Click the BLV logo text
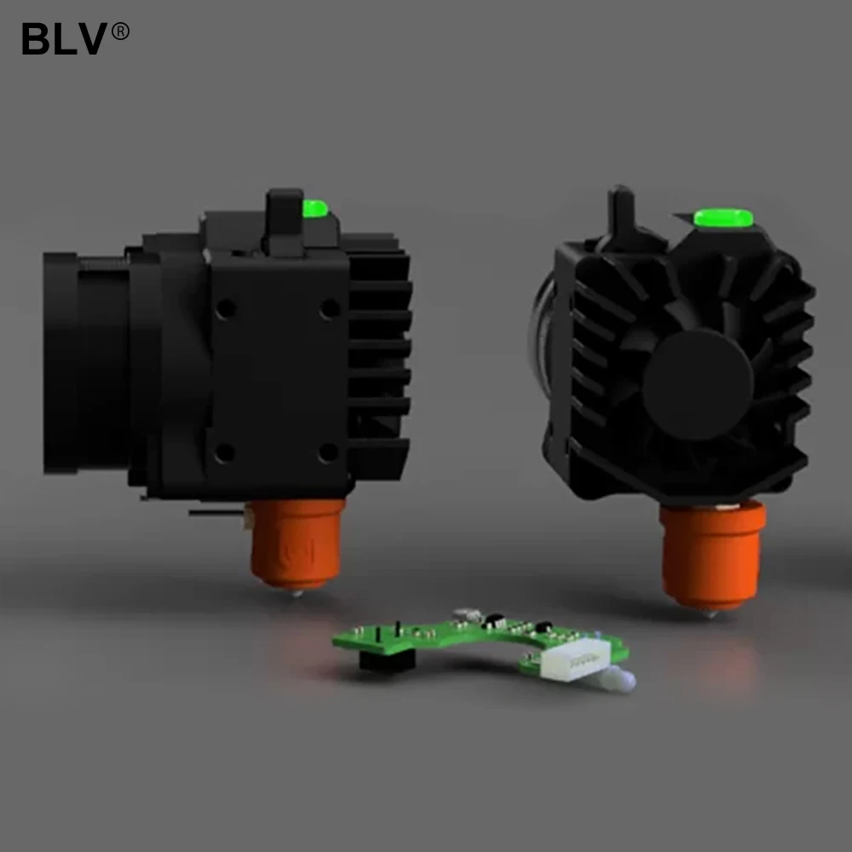pos(64,38)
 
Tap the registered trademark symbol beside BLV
pos(120,31)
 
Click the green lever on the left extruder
pos(315,209)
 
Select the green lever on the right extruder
pos(723,217)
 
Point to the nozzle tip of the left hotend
pos(296,594)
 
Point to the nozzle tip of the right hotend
pos(711,614)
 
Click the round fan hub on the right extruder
pos(699,384)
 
